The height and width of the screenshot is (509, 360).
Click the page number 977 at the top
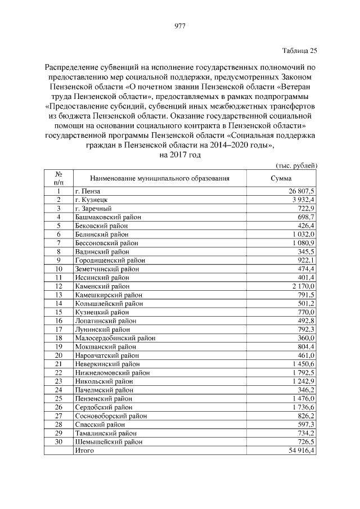click(x=180, y=26)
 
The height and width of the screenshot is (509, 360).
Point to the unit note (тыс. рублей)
click(x=297, y=165)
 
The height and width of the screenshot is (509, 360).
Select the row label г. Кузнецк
click(x=92, y=200)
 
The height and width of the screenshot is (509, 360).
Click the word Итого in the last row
click(x=85, y=451)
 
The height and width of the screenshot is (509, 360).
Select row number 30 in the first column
click(x=58, y=443)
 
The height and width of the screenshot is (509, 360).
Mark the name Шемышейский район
click(x=109, y=443)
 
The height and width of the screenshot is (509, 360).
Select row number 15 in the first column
click(x=58, y=312)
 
